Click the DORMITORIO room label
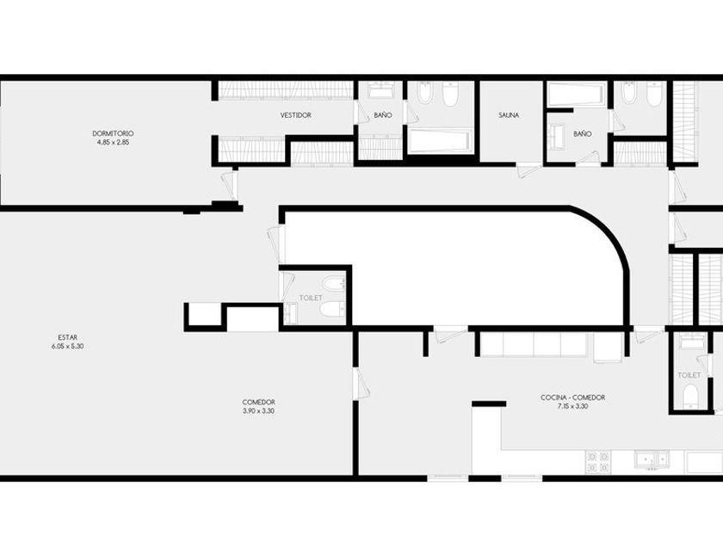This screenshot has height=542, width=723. [x=113, y=133]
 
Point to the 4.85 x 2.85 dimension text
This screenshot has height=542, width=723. [x=113, y=143]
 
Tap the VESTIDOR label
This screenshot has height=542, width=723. [x=296, y=115]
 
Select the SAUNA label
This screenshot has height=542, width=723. [x=509, y=115]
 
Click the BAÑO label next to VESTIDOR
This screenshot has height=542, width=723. [x=383, y=115]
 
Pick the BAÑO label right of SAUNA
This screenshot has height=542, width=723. [x=583, y=133]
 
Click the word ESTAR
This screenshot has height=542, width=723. [x=68, y=337]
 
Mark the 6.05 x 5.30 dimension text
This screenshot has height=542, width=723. [x=68, y=346]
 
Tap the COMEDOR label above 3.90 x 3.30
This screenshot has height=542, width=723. [x=259, y=403]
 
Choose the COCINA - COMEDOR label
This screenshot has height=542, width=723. [x=572, y=397]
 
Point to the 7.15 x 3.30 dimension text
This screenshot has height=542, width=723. [x=572, y=406]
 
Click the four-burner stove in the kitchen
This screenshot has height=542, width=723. [x=598, y=462]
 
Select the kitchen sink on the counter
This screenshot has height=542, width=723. [x=652, y=459]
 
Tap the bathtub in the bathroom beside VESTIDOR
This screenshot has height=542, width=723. [x=439, y=140]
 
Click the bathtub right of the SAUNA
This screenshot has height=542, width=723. [x=576, y=94]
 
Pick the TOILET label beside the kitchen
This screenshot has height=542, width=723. [x=689, y=375]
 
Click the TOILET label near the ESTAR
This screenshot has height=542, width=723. [x=311, y=299]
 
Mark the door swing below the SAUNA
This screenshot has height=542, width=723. [x=526, y=170]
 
